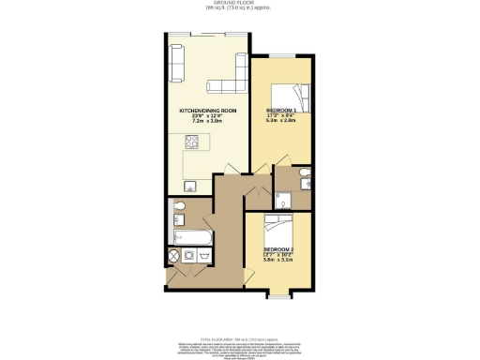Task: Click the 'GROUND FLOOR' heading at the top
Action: click(x=240, y=4)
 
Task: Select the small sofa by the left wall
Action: click(x=177, y=60)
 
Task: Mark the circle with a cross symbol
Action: click(x=173, y=255)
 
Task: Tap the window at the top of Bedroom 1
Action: click(x=284, y=58)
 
